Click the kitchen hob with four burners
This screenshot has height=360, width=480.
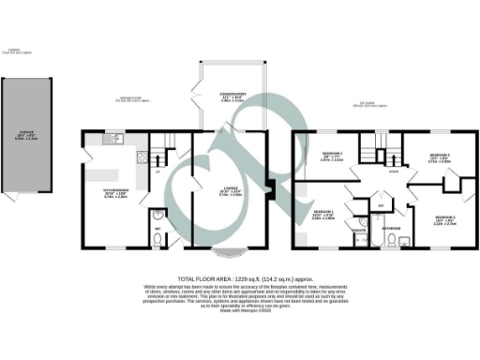click(140, 157)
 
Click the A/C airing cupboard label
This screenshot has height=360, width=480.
click(382, 204)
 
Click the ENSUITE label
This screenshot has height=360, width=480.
click(359, 227)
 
